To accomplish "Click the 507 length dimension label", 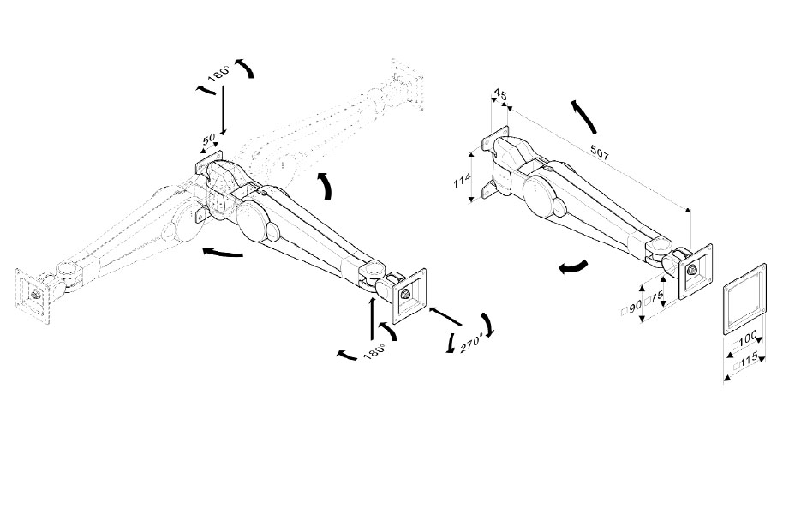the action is coord(600,152).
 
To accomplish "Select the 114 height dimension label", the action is coord(462,180).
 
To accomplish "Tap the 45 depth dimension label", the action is coord(500,94).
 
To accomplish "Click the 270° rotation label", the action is coord(471,344).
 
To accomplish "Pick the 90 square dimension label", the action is coord(631,308).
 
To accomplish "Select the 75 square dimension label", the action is coord(655,299).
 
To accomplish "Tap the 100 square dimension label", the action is coord(744,342).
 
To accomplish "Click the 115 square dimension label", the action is coord(747,361).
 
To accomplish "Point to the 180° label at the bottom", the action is coord(374,352).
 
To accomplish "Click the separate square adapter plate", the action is coord(744,299).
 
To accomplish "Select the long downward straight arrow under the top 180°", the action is coord(223,110).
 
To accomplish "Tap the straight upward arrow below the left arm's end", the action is coord(372,319).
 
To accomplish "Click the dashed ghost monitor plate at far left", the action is coord(33,296).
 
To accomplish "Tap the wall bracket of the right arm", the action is coord(495,162).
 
